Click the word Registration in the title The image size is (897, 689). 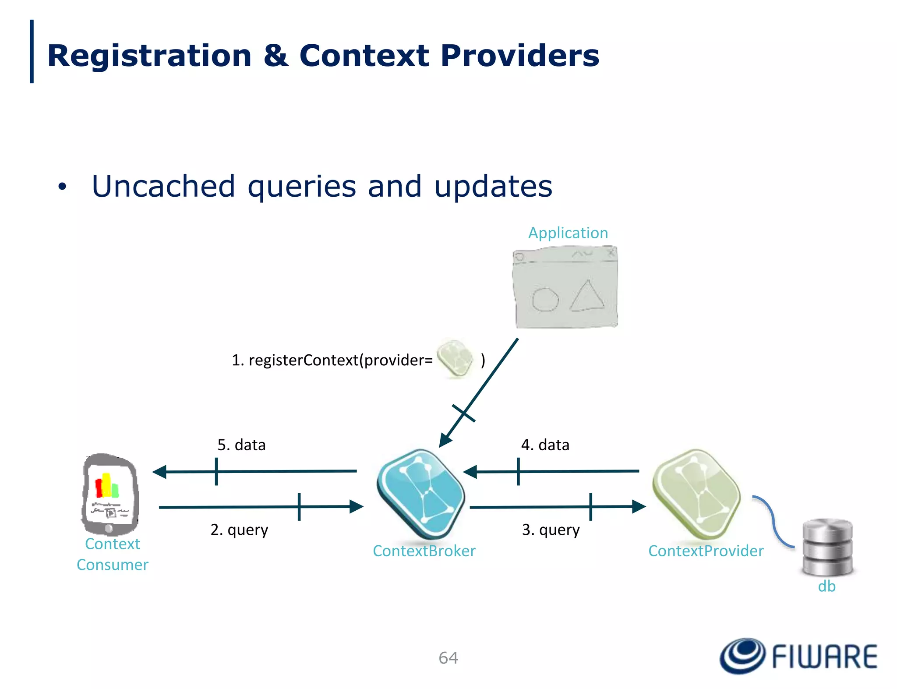(149, 56)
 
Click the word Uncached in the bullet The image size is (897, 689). (163, 187)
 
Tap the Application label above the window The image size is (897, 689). (568, 233)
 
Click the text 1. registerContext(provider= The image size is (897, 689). (332, 360)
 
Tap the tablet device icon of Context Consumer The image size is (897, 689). (110, 494)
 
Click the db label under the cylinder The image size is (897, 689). (826, 587)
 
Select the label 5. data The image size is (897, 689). (241, 445)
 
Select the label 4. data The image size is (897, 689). (545, 445)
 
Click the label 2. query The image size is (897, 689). (239, 530)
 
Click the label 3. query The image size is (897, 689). (551, 530)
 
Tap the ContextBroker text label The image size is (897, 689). (424, 551)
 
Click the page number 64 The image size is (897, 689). (448, 658)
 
